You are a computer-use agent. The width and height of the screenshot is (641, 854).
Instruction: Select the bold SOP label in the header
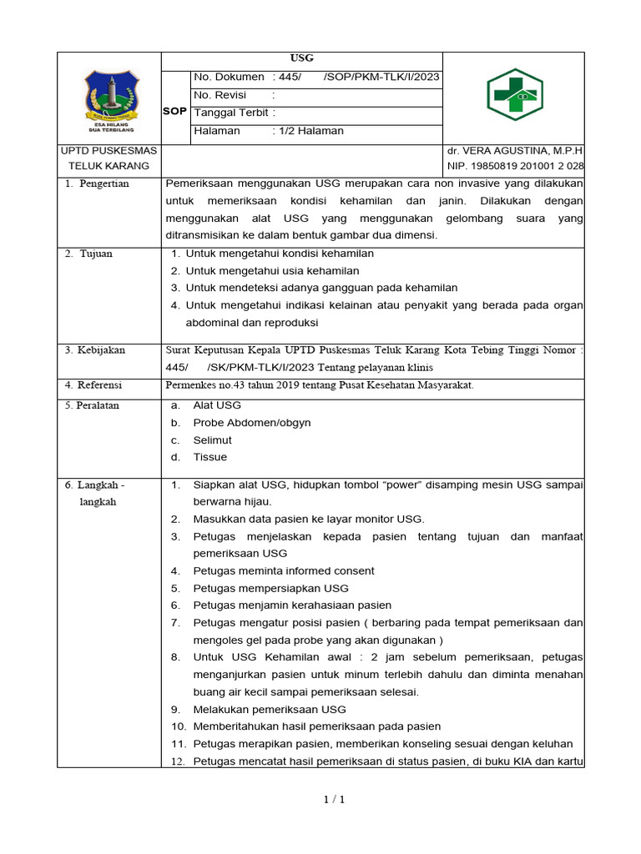coord(175,111)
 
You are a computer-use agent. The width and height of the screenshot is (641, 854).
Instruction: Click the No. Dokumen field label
coord(229,77)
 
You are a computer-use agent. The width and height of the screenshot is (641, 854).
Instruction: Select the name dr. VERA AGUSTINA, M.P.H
coord(514,151)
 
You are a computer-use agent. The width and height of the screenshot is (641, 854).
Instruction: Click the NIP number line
coord(514,166)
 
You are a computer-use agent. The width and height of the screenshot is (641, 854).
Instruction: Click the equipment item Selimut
coord(212,440)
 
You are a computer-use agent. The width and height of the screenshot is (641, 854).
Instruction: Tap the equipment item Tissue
coord(209,457)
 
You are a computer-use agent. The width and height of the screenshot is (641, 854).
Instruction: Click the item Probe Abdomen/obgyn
coord(251,423)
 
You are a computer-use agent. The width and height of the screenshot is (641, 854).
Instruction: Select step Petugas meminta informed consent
coord(284,570)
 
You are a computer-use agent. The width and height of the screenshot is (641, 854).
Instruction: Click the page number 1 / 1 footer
coord(334,800)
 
